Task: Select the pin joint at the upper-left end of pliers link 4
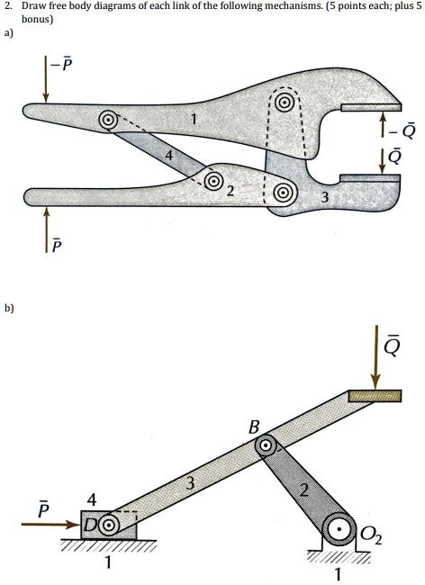click(x=108, y=119)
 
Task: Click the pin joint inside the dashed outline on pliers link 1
click(x=283, y=103)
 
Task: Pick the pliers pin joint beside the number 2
click(x=214, y=182)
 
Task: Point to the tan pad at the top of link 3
click(x=375, y=396)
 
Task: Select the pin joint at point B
click(x=266, y=445)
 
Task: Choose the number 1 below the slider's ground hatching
click(x=108, y=565)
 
